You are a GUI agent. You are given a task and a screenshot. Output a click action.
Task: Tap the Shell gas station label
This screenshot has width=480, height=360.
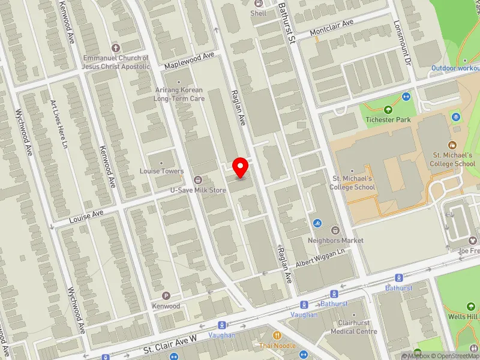[x=259, y=13]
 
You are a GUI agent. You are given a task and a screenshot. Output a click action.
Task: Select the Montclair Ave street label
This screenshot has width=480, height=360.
[x=332, y=28]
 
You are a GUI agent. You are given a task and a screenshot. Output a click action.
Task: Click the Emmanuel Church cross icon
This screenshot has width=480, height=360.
[x=116, y=47]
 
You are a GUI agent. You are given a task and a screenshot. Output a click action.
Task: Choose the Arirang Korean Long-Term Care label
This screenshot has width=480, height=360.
[x=179, y=94]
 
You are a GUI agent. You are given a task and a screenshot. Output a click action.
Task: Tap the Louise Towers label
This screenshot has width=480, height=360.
[x=161, y=171]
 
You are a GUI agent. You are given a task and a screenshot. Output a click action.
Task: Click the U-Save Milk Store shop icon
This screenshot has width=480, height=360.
[x=197, y=179]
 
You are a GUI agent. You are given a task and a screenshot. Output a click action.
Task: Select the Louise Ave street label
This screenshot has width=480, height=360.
[x=86, y=217]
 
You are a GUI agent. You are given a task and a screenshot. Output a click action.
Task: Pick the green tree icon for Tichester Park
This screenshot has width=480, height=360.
[x=388, y=110]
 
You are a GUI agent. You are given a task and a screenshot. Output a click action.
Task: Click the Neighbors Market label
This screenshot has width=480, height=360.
[x=336, y=240]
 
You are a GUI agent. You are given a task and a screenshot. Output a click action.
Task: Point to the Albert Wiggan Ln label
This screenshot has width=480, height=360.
[x=322, y=258]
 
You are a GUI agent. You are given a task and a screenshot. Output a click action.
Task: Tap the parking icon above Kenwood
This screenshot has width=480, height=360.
[x=166, y=296]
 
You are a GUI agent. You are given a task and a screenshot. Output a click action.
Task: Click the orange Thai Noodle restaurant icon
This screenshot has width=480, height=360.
[x=277, y=335]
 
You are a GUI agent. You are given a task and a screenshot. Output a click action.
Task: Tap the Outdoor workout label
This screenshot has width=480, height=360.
[x=455, y=68]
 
